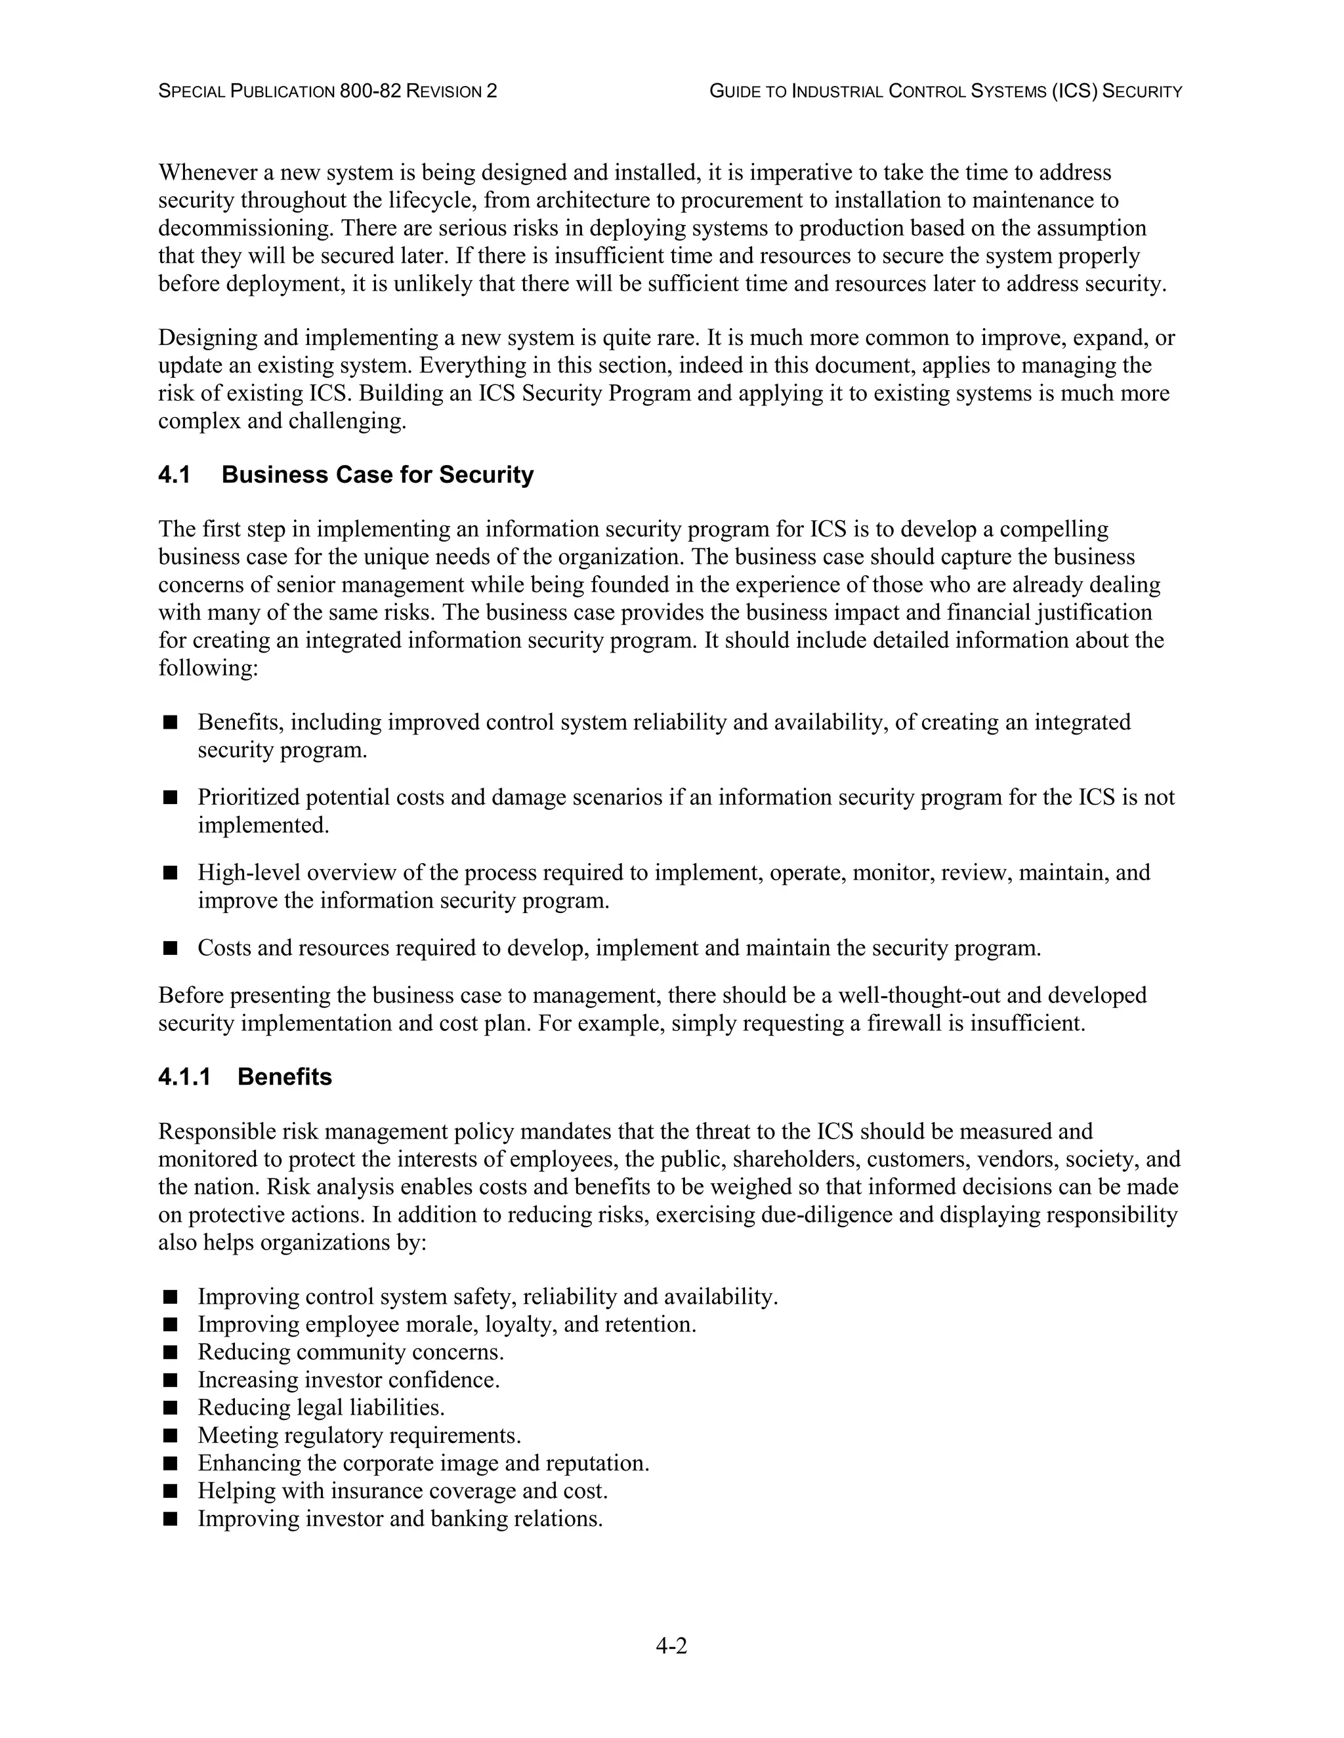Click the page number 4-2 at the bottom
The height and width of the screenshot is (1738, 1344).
[671, 1645]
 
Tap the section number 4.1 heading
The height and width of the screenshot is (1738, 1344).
[175, 475]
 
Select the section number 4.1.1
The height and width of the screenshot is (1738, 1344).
[184, 1078]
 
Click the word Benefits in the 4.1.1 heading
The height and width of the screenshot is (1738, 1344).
[284, 1078]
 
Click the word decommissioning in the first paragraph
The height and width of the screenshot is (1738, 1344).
[246, 228]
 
